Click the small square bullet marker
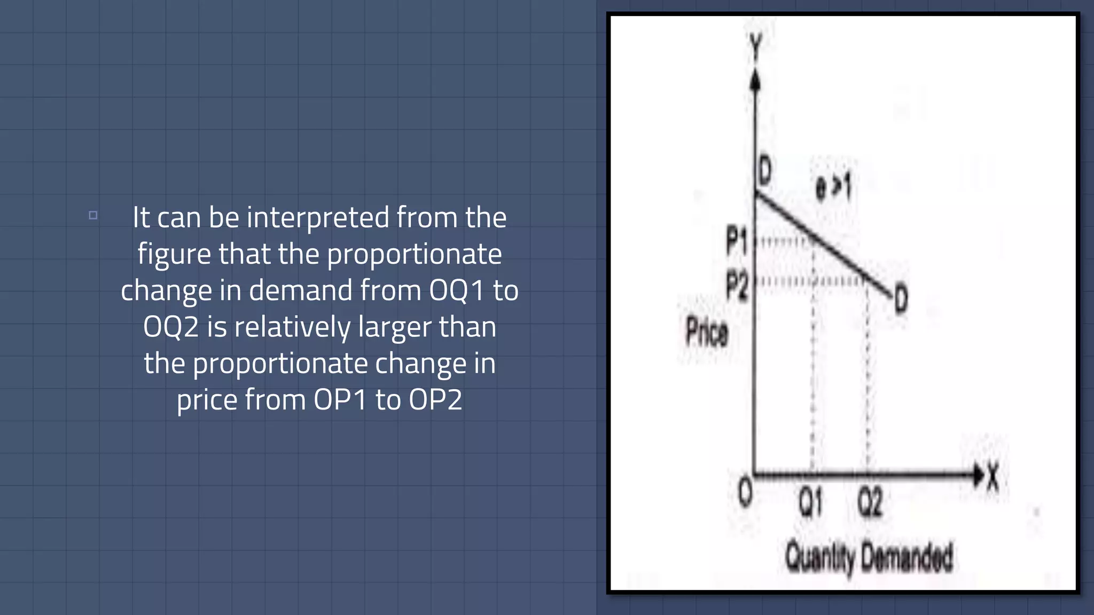click(x=93, y=215)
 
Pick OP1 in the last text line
click(x=340, y=400)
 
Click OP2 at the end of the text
click(x=435, y=400)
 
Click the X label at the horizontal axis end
click(x=993, y=476)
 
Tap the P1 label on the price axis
click(x=737, y=240)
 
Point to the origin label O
click(x=745, y=491)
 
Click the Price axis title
click(x=706, y=332)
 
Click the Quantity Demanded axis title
click(x=869, y=557)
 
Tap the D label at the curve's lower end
click(x=901, y=299)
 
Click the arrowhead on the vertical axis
click(x=755, y=82)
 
